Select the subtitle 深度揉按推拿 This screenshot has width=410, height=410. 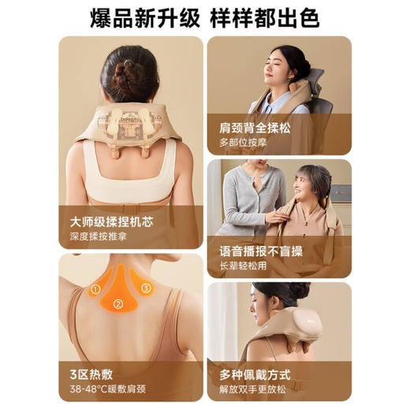[x=99, y=236]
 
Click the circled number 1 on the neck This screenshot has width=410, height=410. [x=95, y=289]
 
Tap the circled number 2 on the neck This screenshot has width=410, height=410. [x=117, y=304]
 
